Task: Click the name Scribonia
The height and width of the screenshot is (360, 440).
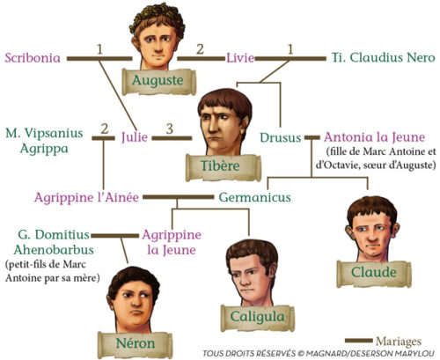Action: [x=33, y=57]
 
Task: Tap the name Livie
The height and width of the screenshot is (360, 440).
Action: [x=240, y=57]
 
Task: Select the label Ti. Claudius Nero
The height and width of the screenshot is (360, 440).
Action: [x=383, y=57]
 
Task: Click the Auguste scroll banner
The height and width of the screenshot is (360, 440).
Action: [x=158, y=81]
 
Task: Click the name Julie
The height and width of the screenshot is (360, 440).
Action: [x=135, y=137]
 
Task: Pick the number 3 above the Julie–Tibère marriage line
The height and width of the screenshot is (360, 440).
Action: [x=170, y=129]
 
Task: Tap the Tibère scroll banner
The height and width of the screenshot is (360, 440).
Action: [x=223, y=167]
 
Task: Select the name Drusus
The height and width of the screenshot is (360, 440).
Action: [x=281, y=137]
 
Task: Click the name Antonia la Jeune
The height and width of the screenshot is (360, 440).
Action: [x=375, y=137]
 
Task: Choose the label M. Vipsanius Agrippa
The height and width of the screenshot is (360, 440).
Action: [x=44, y=141]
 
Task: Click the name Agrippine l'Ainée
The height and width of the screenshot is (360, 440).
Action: [x=86, y=197]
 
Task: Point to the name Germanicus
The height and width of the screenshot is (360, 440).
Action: [x=254, y=197]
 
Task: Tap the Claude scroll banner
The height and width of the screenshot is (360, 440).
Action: [x=374, y=274]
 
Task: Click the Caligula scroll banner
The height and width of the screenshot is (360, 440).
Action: [x=257, y=318]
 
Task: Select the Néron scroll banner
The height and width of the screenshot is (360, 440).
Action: [x=136, y=344]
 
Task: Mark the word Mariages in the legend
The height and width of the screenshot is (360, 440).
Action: [x=399, y=342]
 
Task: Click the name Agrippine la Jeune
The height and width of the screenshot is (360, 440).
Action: [x=172, y=242]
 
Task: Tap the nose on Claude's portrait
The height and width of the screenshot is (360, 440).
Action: [x=372, y=239]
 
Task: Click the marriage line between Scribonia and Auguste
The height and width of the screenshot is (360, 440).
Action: [x=99, y=59]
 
